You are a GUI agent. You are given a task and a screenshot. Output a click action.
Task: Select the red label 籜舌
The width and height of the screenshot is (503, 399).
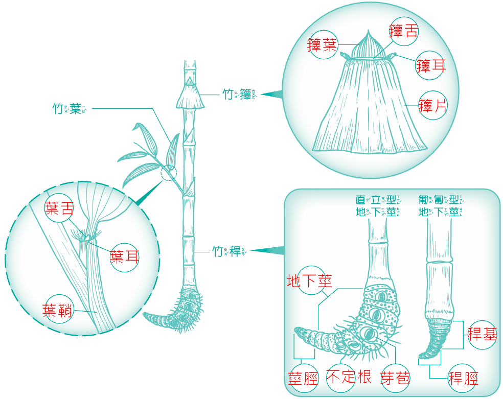403,32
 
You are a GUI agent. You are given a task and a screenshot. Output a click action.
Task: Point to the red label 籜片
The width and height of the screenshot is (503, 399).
433,106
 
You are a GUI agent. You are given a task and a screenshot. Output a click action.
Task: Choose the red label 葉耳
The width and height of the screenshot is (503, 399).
125,255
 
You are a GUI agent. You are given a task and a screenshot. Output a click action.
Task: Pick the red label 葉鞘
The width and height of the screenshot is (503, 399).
58,310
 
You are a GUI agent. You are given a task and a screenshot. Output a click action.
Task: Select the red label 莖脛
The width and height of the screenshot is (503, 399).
304,378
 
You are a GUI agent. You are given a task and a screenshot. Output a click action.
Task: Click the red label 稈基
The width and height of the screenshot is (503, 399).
482,334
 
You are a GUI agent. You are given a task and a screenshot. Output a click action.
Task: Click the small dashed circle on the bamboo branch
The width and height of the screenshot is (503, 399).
168,174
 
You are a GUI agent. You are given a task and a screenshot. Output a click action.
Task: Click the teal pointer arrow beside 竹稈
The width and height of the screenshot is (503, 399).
269,250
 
